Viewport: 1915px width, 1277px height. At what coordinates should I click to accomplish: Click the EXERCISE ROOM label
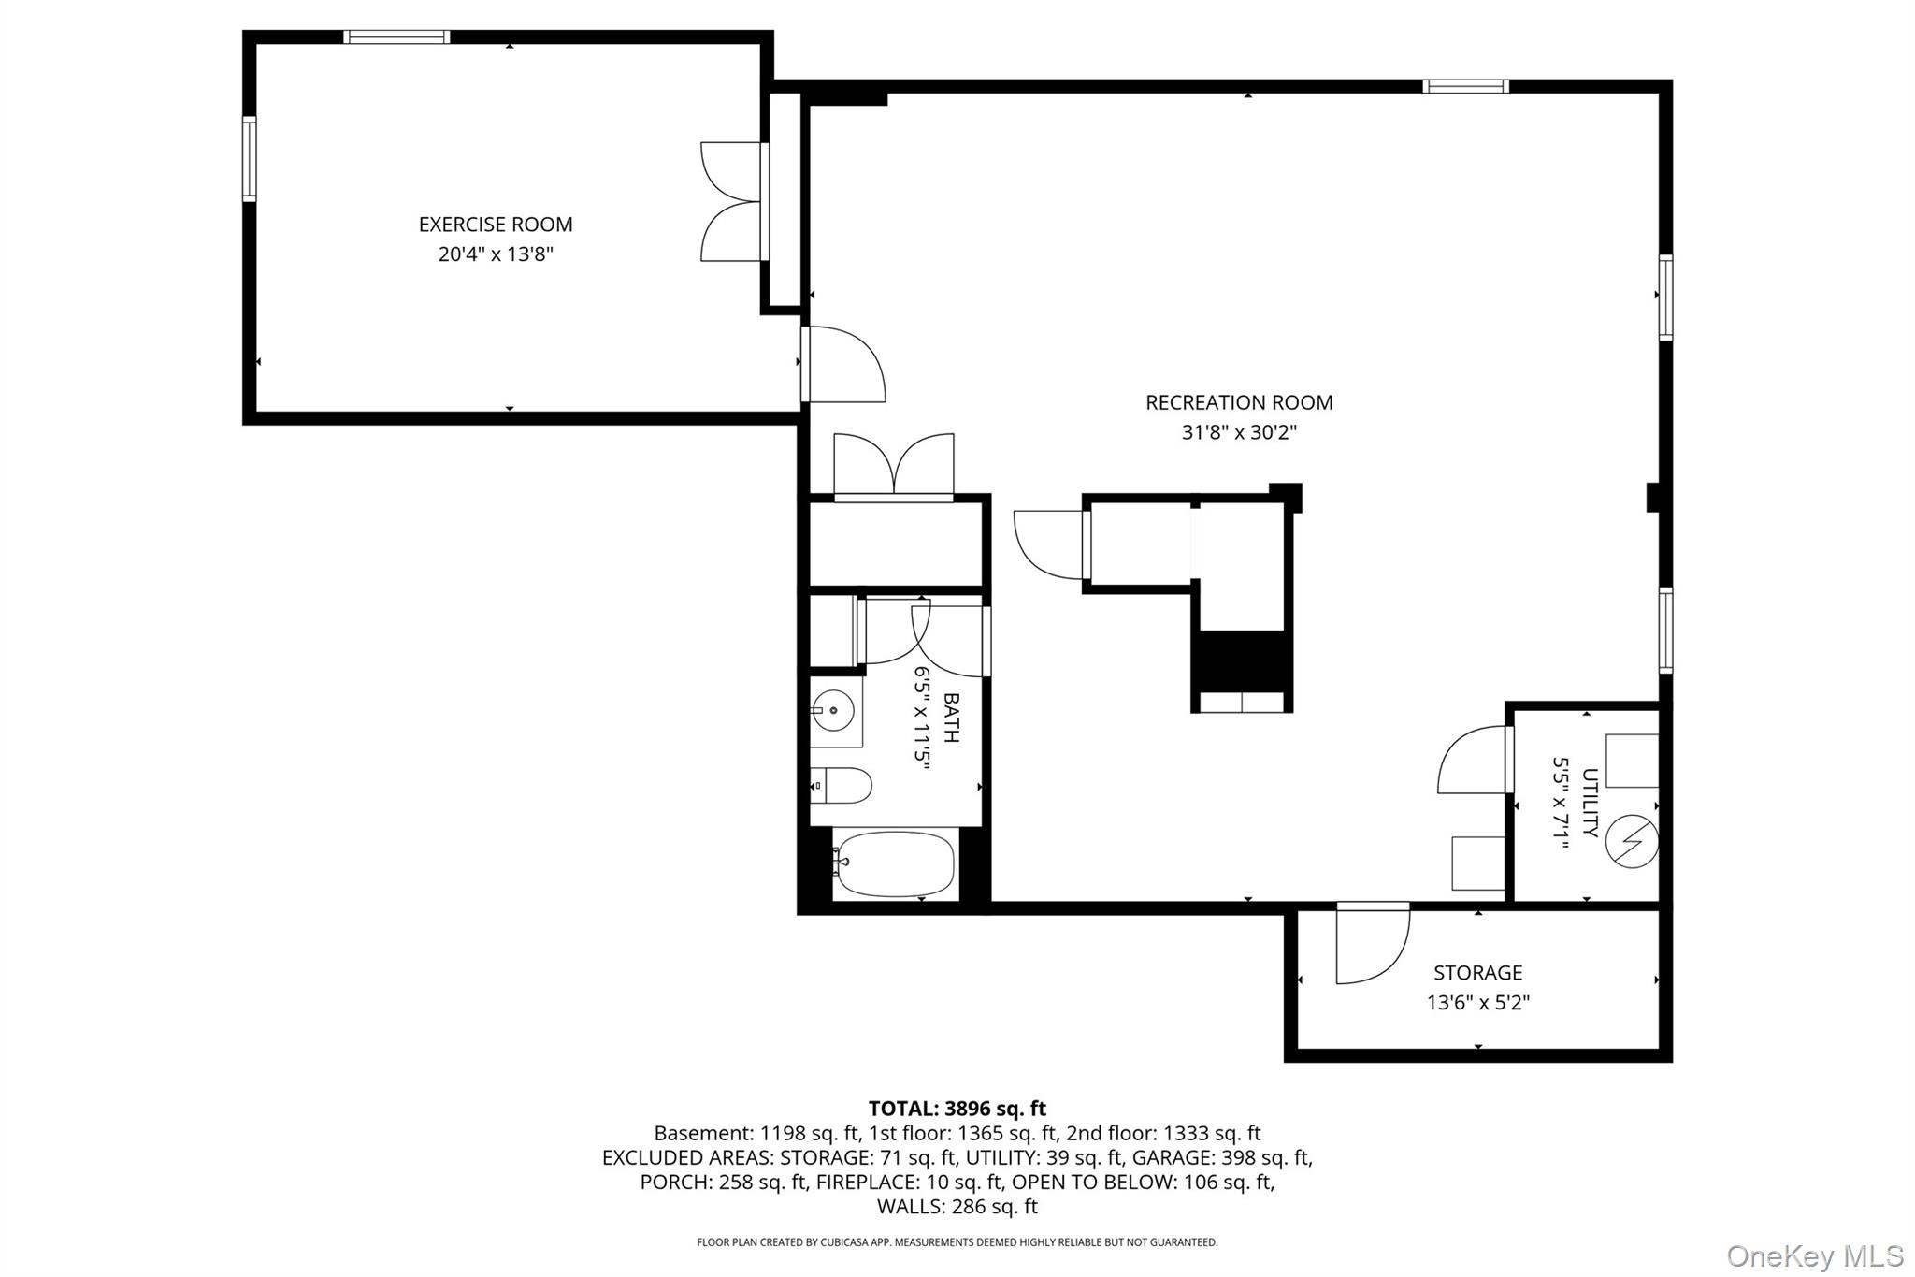coord(496,225)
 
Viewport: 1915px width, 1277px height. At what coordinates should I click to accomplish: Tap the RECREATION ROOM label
coord(1239,402)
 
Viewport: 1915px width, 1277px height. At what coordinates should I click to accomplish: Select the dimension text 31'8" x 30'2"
coord(1239,432)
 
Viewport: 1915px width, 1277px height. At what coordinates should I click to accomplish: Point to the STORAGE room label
coord(1477,973)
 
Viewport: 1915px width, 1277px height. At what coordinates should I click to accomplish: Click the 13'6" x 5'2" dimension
coord(1477,1003)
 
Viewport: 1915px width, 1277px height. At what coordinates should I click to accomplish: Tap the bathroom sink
coord(832,711)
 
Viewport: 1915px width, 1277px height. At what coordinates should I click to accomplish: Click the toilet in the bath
coord(841,786)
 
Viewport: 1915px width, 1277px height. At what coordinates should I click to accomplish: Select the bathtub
coord(895,863)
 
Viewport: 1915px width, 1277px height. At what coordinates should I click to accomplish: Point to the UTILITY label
coord(1590,803)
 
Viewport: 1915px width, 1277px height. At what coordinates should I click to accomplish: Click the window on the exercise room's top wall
coord(396,37)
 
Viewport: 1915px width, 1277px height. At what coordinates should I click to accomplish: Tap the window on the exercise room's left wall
coord(250,158)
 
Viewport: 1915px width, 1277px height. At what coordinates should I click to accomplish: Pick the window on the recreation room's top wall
coord(1465,86)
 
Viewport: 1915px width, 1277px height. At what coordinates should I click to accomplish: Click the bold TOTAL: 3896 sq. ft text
coord(957,1109)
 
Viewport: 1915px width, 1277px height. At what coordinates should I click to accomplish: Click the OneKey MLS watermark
coord(1815,1255)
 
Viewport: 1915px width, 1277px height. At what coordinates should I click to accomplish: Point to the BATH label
coord(951,718)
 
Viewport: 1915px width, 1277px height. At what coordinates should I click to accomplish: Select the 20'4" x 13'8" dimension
coord(496,254)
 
